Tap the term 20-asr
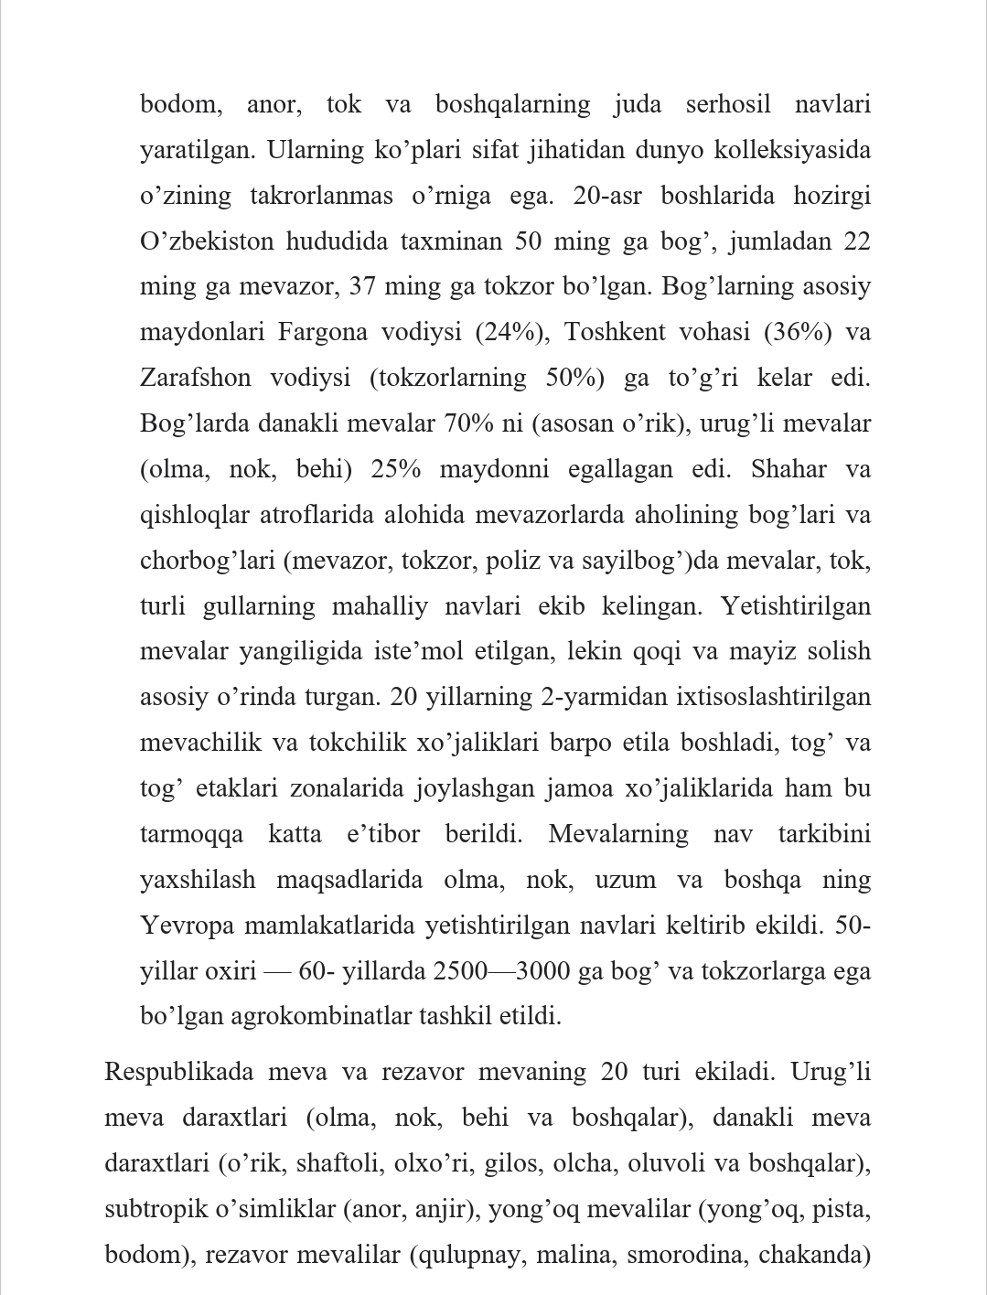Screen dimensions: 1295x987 click(x=608, y=196)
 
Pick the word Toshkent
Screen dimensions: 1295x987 click(x=615, y=332)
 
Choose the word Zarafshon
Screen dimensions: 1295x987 click(x=195, y=378)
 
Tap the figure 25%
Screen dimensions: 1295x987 click(x=395, y=469)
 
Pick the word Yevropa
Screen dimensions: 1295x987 click(x=188, y=926)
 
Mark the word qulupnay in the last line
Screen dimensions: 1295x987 click(x=469, y=1255)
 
